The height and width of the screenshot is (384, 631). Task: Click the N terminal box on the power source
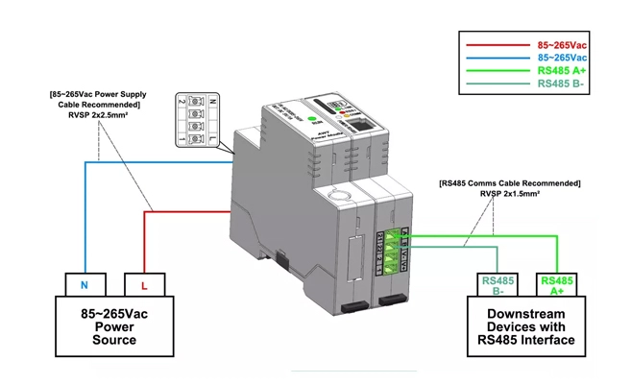pyautogui.click(x=85, y=284)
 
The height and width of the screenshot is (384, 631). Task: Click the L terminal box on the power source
pyautogui.click(x=142, y=284)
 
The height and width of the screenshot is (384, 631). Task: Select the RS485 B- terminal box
pyautogui.click(x=499, y=284)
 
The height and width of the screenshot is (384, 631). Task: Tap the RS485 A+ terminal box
pyautogui.click(x=558, y=284)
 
